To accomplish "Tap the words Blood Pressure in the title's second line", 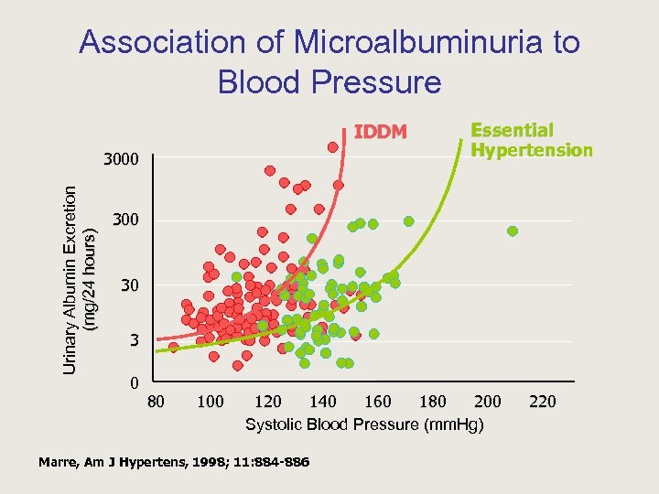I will coord(329,82).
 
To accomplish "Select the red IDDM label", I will coord(381,132).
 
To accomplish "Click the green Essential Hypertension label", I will coord(531,140).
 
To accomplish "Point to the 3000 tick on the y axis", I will coord(120,160).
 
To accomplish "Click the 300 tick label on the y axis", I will coord(125,220).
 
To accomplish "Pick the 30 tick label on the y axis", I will coord(130,286).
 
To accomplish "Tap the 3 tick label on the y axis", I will coord(134,340).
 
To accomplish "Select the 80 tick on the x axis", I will coord(157,402).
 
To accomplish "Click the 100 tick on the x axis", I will coord(211,402).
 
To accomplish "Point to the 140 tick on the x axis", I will coord(322,402).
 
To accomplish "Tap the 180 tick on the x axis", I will coord(432,402).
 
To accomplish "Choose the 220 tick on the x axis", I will coord(542,402).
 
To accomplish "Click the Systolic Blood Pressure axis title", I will coord(364,424).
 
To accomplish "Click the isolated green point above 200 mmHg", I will coord(513,231).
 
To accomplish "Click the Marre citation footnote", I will coord(174,462).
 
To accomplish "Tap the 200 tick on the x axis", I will coord(487,402).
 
